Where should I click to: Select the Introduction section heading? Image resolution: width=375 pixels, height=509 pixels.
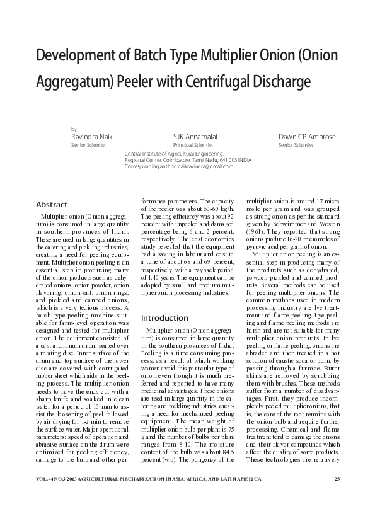pos(166,317)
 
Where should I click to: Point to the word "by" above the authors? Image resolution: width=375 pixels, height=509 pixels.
pos(74,128)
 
